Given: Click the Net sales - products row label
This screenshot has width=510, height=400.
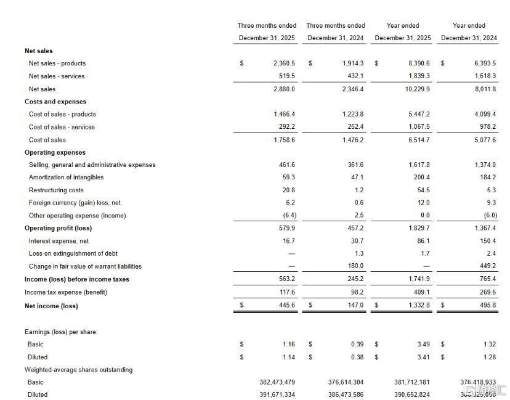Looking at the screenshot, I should pyautogui.click(x=57, y=63).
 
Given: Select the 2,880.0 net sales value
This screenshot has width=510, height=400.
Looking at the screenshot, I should pyautogui.click(x=284, y=89).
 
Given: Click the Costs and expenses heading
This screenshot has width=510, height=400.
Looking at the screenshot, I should pyautogui.click(x=55, y=102).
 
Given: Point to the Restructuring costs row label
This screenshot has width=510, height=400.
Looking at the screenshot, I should pyautogui.click(x=56, y=190).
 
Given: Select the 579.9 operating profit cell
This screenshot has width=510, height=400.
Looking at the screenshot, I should pyautogui.click(x=287, y=228).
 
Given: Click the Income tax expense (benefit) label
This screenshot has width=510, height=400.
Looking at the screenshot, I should pyautogui.click(x=66, y=292).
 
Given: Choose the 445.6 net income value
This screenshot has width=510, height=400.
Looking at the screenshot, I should pyautogui.click(x=286, y=305).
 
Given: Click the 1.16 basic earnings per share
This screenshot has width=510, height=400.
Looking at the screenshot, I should pyautogui.click(x=288, y=345).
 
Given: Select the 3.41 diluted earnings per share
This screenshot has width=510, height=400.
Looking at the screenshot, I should pyautogui.click(x=423, y=357).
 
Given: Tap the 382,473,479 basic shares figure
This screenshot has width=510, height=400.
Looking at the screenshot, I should pyautogui.click(x=277, y=382).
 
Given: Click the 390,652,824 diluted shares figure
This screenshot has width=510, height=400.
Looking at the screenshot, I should pyautogui.click(x=411, y=394).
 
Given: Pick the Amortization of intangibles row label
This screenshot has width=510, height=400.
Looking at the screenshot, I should pyautogui.click(x=66, y=178).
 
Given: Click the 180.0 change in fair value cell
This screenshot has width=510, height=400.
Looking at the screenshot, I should pyautogui.click(x=356, y=266).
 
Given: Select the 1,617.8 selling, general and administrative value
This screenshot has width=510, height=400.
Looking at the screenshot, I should pyautogui.click(x=419, y=165).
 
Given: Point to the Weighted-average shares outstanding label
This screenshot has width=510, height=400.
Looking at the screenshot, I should pyautogui.click(x=78, y=370).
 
